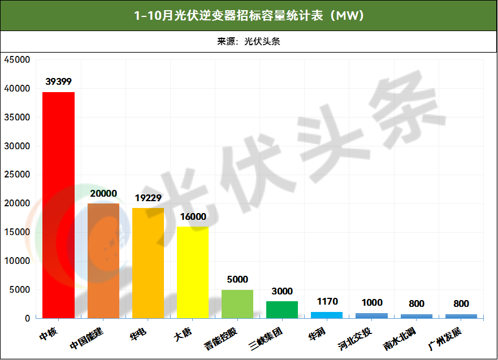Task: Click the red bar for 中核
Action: coord(59,205)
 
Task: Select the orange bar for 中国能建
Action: coord(103,261)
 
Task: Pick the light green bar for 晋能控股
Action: coord(237,304)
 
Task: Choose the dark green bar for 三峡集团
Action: coord(282,310)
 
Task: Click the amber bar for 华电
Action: coord(148,263)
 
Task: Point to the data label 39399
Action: coord(59,82)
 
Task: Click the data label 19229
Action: coord(148,198)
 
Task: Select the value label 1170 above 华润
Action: coord(327,302)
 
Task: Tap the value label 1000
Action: coord(371,303)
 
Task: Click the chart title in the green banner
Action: coord(249,15)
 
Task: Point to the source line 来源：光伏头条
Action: coord(249,41)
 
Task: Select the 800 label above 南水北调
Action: coord(416,304)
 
